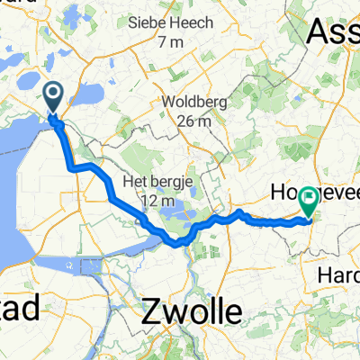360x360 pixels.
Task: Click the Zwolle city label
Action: (192, 312)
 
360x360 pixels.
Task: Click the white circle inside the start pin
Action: (52, 93)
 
